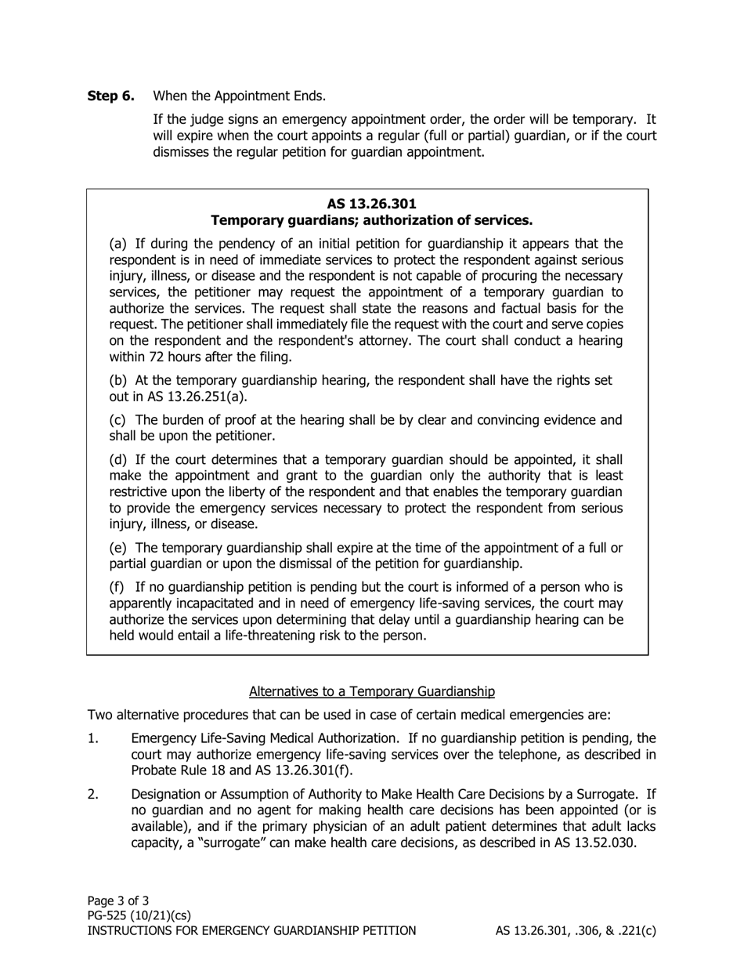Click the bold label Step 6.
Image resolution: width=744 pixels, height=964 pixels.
click(110, 96)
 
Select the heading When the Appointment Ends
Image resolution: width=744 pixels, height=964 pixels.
click(239, 96)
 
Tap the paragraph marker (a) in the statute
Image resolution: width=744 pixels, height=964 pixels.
click(117, 244)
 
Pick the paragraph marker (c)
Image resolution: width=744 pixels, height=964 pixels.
click(117, 420)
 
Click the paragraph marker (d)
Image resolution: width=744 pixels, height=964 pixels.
click(117, 459)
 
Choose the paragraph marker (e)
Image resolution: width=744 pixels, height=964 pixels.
click(117, 548)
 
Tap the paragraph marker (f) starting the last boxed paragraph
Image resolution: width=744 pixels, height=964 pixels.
click(117, 587)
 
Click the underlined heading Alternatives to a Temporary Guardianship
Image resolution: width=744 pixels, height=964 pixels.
click(371, 691)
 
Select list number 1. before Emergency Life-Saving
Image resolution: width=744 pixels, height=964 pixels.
click(93, 738)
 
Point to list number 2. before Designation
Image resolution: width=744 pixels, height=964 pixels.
click(93, 795)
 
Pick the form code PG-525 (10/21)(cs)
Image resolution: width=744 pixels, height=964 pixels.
click(139, 915)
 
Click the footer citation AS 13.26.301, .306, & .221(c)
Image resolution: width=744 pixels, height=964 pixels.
click(576, 931)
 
